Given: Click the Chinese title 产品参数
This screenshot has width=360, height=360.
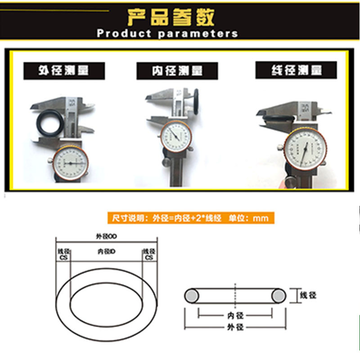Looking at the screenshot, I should coord(171,17).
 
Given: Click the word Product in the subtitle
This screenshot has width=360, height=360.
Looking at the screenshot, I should coord(124,34).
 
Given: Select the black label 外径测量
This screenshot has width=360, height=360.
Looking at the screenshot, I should coord(63,71).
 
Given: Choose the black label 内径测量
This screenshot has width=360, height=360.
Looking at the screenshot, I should coord(177,71).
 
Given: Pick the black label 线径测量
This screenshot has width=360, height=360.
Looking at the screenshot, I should coord(296,71).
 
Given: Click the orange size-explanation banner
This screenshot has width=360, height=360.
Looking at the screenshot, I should coord(190,218).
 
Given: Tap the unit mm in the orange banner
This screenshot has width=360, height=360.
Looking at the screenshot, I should coord(261,218).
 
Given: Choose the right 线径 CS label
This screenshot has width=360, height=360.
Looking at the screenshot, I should coord(148,254).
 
